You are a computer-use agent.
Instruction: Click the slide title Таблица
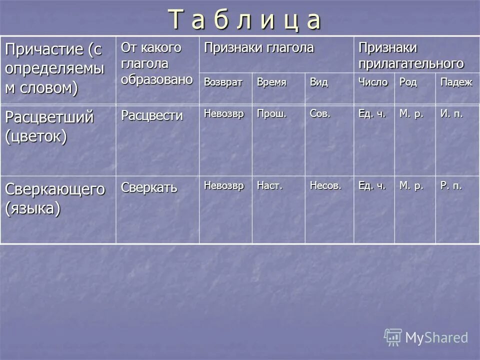(x=244, y=20)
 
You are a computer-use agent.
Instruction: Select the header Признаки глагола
(x=258, y=48)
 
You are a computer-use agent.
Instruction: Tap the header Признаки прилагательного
(x=410, y=55)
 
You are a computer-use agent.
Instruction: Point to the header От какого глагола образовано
(x=156, y=64)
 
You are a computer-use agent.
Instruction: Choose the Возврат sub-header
(x=223, y=82)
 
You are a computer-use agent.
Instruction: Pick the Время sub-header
(x=271, y=82)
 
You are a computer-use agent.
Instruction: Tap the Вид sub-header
(x=318, y=82)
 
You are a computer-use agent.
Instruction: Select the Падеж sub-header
(x=456, y=82)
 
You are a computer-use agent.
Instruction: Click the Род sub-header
(x=407, y=82)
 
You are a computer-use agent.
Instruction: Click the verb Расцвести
(x=151, y=116)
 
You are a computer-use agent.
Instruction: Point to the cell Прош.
(x=271, y=114)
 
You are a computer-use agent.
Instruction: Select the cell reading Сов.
(x=320, y=114)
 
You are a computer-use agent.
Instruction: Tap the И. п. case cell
(x=451, y=114)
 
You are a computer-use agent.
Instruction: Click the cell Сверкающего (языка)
(x=55, y=198)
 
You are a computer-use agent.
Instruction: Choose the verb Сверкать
(x=149, y=188)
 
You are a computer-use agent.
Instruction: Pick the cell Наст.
(x=270, y=186)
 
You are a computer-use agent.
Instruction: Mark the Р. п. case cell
(x=451, y=186)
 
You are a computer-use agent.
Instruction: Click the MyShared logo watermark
(x=426, y=337)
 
